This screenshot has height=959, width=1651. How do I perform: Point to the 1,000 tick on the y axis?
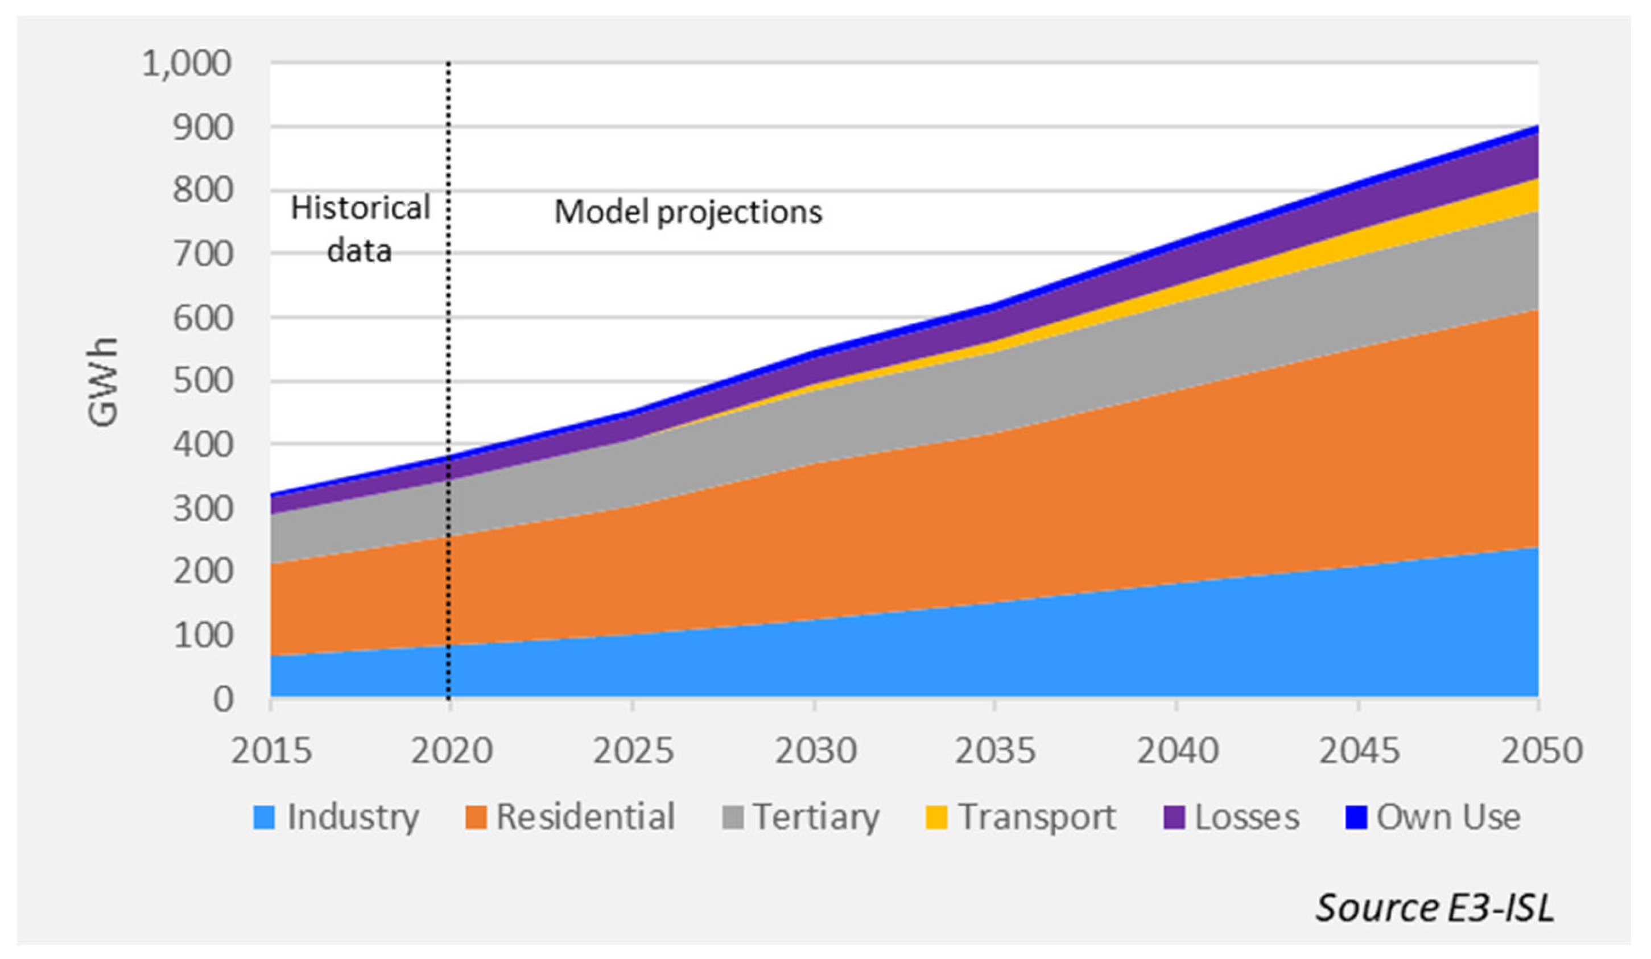187,64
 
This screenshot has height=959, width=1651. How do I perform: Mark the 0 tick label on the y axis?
223,700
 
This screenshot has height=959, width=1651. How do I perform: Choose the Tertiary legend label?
816,817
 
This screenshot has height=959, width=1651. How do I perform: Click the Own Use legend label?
1448,817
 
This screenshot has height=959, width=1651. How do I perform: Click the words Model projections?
688,212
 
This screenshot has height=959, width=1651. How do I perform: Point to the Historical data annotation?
360,229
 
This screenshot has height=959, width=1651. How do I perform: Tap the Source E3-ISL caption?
1435,907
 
